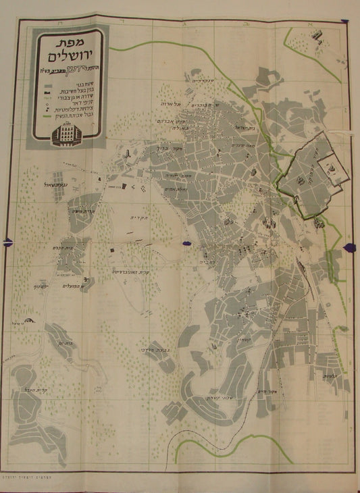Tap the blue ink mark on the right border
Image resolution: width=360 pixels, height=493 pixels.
(349, 249)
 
